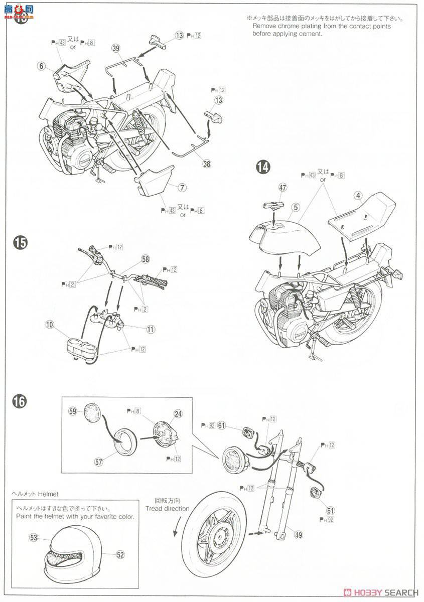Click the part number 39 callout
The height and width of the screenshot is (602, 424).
tap(116, 48)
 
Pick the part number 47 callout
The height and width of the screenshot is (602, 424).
tap(282, 188)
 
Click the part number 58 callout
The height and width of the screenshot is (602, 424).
tap(146, 259)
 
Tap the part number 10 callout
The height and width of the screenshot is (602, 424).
tap(49, 325)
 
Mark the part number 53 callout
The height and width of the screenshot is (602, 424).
tap(34, 538)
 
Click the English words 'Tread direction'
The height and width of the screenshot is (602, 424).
tap(168, 508)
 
